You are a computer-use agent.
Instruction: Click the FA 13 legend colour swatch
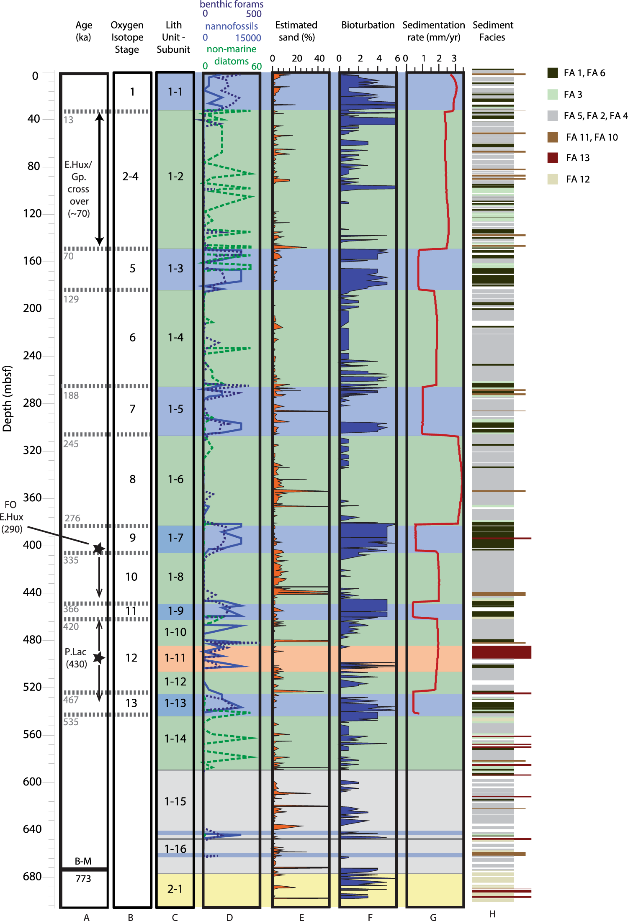point(553,158)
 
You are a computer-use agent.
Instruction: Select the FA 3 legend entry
point(572,95)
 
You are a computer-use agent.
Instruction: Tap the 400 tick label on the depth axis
point(32,545)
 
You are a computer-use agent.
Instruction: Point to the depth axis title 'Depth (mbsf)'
point(8,398)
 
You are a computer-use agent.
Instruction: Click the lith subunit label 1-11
point(175,658)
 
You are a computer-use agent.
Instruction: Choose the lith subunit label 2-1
point(175,889)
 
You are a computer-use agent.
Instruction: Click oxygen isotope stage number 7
point(132,409)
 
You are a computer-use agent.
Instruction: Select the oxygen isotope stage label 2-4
point(130,177)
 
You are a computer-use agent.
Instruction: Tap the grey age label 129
point(71,299)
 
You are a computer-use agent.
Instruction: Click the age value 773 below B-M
point(83,879)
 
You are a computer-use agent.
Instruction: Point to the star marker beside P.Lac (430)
point(99,657)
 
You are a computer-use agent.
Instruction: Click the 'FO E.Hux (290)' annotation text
point(11,517)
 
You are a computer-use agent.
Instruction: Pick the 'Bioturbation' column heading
point(368,25)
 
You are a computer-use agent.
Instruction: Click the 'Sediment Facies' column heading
point(492,31)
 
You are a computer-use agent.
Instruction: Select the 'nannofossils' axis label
point(232,26)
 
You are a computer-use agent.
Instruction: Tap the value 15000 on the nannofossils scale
point(248,38)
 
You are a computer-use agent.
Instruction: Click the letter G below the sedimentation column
point(433,917)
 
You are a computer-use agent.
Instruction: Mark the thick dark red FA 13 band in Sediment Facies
point(502,652)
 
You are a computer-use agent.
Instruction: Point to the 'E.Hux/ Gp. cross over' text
point(78,189)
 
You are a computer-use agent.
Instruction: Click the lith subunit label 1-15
point(175,801)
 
